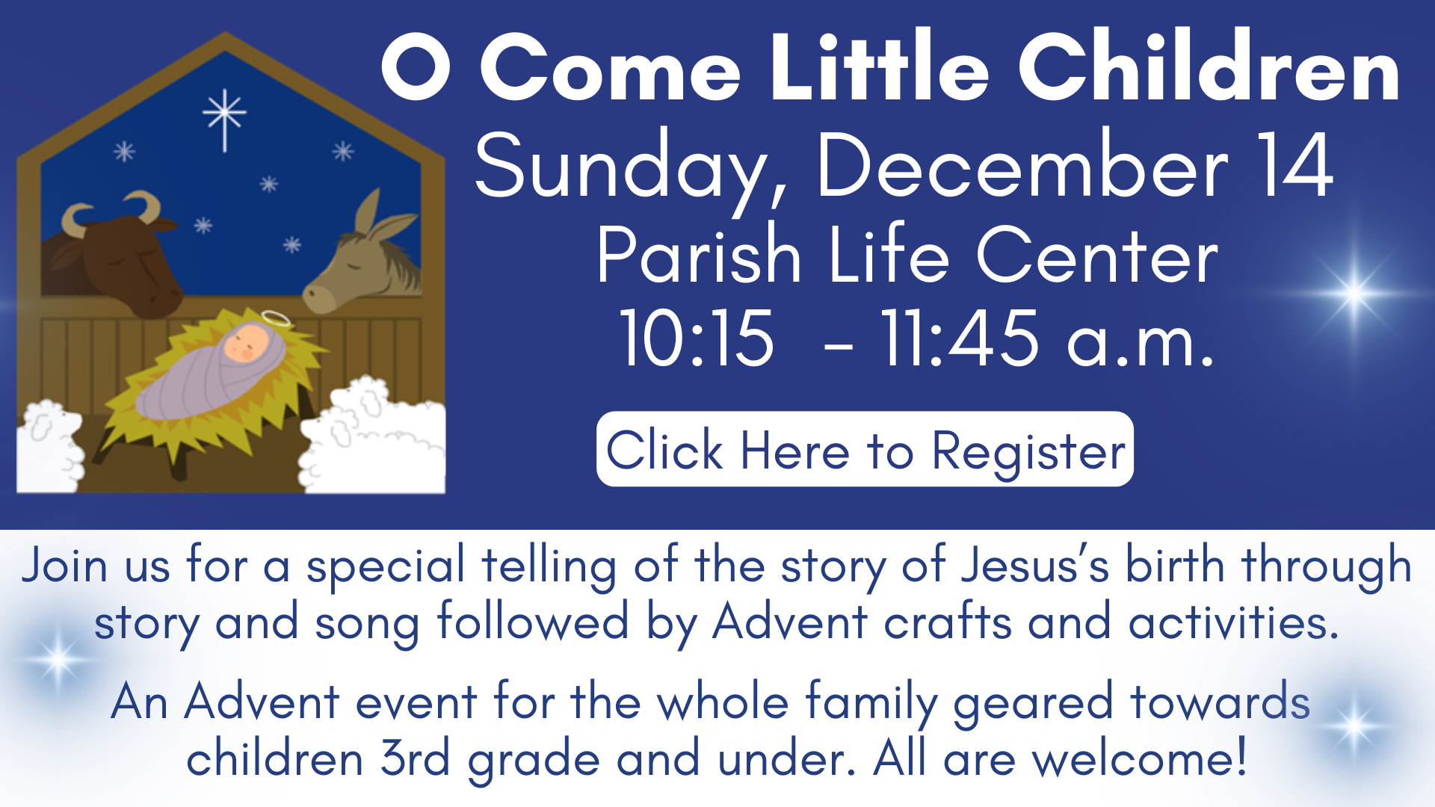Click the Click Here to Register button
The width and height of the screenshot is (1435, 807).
coord(865,450)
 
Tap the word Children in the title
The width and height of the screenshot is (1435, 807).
coord(1209,69)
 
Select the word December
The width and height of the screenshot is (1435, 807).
coord(1022,166)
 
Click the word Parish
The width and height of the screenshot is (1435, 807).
coord(698,256)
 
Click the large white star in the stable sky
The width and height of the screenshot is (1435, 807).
coord(224,116)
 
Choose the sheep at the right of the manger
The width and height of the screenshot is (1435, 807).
coord(374,437)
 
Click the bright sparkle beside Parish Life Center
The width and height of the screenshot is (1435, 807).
coord(1354,292)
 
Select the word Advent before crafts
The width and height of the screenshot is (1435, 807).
coord(790,622)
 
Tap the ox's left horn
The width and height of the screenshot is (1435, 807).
coord(75,219)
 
